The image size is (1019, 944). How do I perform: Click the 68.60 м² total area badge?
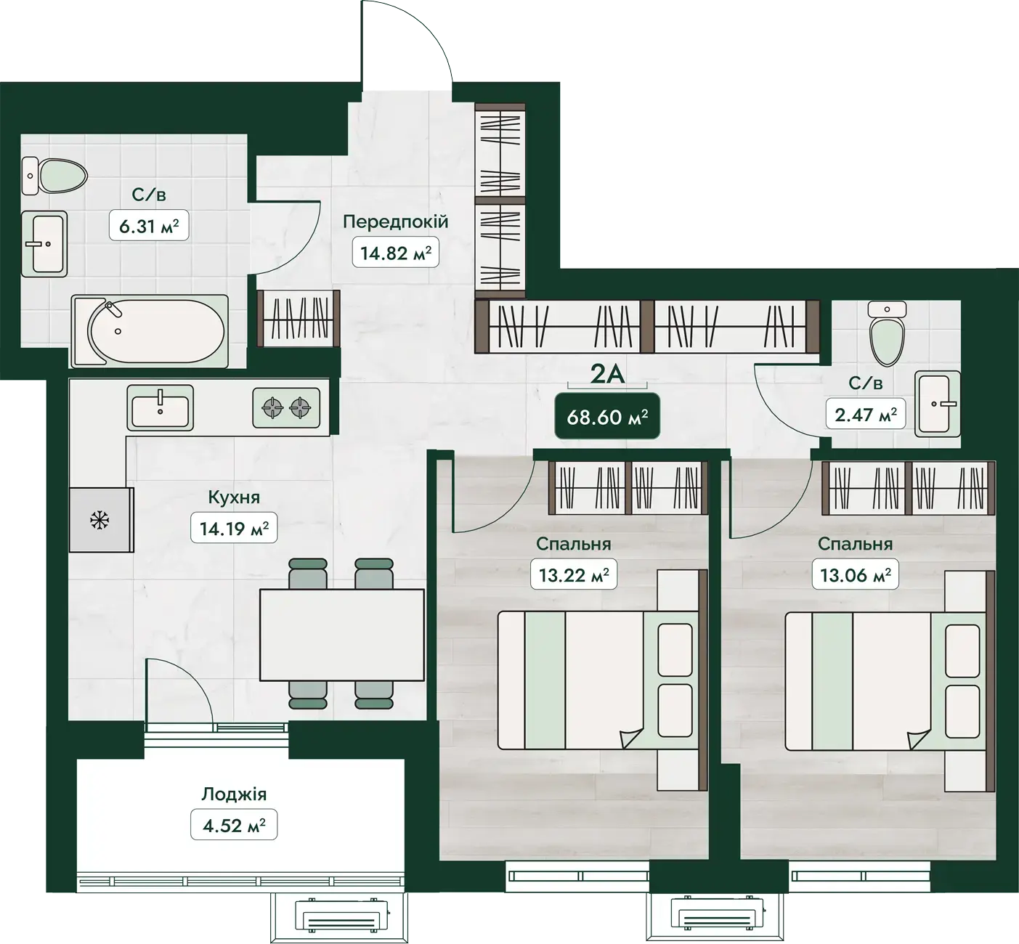607,416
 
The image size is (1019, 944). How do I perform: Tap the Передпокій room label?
396,222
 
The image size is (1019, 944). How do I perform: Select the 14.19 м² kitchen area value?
234,528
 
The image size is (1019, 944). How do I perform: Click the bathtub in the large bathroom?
150,331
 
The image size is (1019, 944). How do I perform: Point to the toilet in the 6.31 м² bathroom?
54,176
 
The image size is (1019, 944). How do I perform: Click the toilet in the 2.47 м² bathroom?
887,333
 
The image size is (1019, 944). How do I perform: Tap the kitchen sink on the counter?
160,408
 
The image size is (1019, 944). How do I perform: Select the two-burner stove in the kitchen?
285,408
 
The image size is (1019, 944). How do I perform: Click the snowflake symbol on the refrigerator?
100,520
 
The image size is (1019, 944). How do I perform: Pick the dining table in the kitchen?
341,635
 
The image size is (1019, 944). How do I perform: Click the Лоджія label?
234,794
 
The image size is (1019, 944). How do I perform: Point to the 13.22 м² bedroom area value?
574,574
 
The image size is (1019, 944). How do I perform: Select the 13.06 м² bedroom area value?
856,574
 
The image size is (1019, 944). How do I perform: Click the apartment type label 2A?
607,375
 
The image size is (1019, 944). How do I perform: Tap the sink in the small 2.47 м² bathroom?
938,404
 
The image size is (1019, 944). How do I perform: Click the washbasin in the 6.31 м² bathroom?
44,244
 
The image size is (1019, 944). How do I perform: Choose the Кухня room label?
234,497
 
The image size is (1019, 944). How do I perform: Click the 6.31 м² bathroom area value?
149,226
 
